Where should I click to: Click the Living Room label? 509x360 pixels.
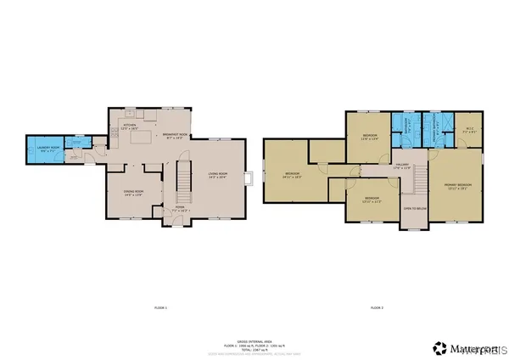pos(219,177)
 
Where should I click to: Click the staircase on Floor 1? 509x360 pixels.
pos(181,178)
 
